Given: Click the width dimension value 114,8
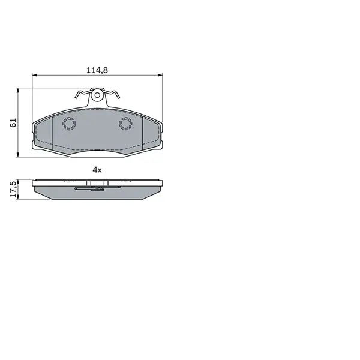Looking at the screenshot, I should point(97,70).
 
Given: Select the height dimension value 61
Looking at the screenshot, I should point(13,122).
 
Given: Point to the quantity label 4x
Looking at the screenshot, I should point(97,170).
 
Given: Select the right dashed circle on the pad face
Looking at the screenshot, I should point(125,124).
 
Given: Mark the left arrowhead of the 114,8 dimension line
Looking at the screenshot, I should point(34,76).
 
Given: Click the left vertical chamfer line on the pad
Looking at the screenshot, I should point(53,133).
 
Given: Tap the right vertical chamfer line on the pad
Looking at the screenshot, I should point(142,133).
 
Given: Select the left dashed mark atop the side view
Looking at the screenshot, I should point(69,180).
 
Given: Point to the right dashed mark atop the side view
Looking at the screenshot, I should point(125,180).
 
